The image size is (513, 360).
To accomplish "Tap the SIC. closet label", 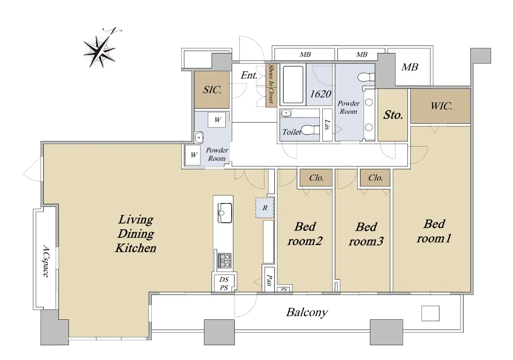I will click(x=212, y=89).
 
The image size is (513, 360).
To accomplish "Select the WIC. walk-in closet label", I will click(x=440, y=106).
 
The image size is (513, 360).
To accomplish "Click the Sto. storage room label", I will click(x=393, y=115).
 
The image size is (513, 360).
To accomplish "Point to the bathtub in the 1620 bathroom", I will click(x=293, y=84).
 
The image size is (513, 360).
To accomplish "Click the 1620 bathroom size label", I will click(x=320, y=94).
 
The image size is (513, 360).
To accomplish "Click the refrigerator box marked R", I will click(x=265, y=208).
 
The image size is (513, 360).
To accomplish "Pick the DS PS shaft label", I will click(x=224, y=283).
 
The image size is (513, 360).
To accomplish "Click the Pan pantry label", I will click(x=269, y=280).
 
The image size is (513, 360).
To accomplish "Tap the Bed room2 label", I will click(x=304, y=233).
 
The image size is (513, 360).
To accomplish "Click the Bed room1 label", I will click(x=434, y=231).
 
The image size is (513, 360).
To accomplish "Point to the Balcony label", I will click(x=307, y=312).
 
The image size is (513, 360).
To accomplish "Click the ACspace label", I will click(x=46, y=261).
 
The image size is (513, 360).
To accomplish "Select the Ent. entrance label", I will click(x=249, y=76).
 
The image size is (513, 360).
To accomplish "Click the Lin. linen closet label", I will click(x=327, y=125).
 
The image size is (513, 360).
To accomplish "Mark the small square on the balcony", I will click(x=430, y=313).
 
